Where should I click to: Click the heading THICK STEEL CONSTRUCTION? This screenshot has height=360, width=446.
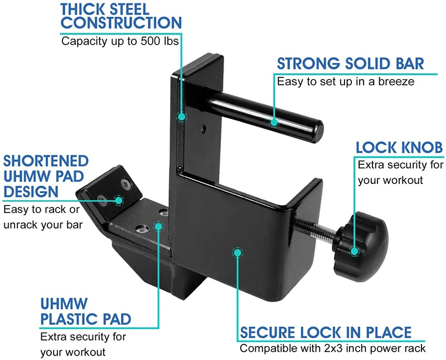(x=121, y=17)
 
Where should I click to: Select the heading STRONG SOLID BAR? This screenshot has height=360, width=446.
(x=350, y=63)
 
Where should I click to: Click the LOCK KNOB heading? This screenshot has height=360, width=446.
(x=399, y=148)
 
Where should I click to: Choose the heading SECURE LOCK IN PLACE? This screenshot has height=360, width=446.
(x=326, y=332)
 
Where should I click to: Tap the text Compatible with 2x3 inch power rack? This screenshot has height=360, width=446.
(x=332, y=349)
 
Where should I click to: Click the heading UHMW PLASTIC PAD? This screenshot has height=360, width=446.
(x=85, y=312)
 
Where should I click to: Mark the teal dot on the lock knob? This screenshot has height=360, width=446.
(x=355, y=251)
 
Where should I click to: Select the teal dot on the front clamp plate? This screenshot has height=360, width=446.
(x=237, y=252)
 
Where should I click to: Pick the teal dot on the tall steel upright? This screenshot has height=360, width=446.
(x=181, y=116)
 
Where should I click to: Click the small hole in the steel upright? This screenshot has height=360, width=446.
(x=205, y=128)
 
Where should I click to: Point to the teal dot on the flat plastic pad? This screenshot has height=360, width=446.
(x=159, y=226)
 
